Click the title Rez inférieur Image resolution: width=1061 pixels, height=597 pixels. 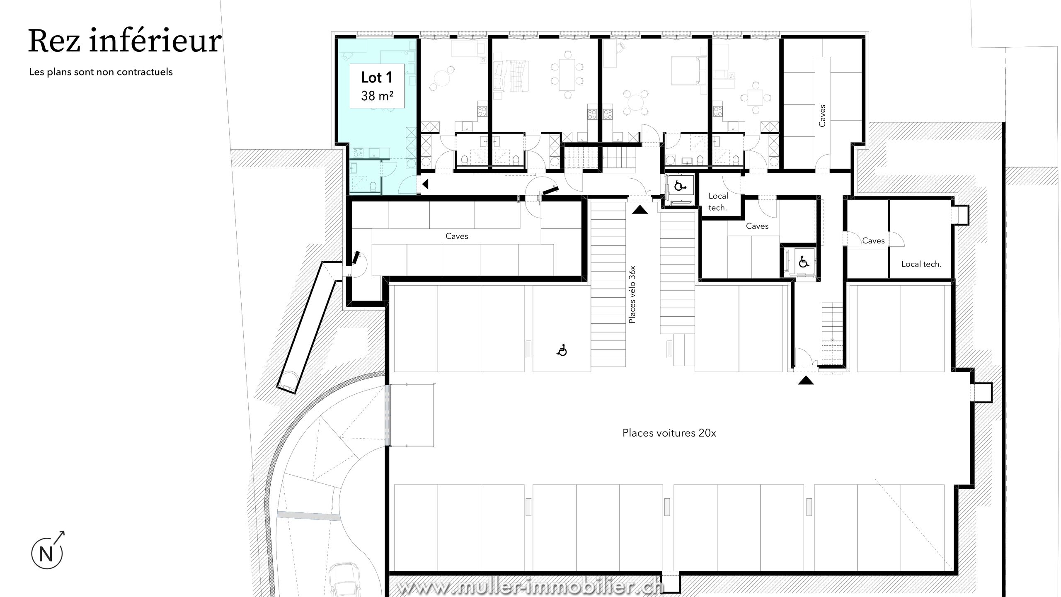pyautogui.click(x=124, y=41)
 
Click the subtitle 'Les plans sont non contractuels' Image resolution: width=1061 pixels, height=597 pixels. pyautogui.click(x=101, y=72)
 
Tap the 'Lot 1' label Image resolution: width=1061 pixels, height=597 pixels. pyautogui.click(x=376, y=78)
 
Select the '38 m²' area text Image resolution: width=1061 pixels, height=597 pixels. pyautogui.click(x=377, y=96)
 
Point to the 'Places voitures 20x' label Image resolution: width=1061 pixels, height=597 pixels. pyautogui.click(x=669, y=433)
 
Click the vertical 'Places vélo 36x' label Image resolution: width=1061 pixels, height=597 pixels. pyautogui.click(x=632, y=294)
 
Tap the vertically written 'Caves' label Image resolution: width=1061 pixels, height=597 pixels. pyautogui.click(x=822, y=116)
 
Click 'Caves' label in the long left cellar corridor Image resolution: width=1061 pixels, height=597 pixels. pyautogui.click(x=457, y=236)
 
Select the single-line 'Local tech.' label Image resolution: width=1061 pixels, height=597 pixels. pyautogui.click(x=921, y=264)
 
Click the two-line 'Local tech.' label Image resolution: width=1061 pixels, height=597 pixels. pyautogui.click(x=718, y=202)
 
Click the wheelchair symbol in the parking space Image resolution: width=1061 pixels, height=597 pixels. pyautogui.click(x=562, y=351)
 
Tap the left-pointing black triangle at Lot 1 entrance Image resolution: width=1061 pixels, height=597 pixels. pyautogui.click(x=425, y=184)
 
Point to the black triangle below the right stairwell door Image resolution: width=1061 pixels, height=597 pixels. pyautogui.click(x=806, y=380)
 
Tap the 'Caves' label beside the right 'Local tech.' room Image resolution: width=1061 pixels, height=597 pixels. pyautogui.click(x=874, y=241)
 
